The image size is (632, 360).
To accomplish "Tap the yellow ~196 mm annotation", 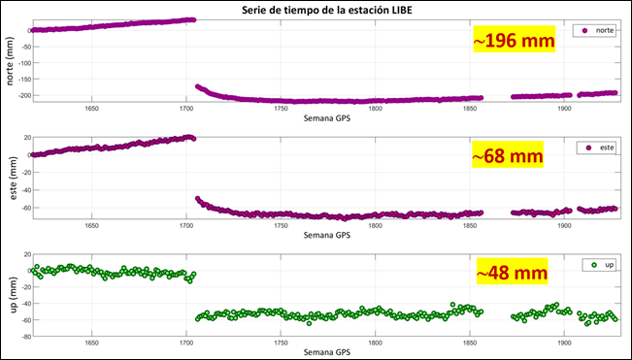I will tap(514, 42).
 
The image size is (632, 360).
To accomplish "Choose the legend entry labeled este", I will tap(593, 147).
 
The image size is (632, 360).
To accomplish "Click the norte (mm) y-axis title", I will tap(11, 60).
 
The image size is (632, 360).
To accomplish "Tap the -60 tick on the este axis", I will tap(21, 207).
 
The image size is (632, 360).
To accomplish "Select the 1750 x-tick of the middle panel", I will tap(280, 225).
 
